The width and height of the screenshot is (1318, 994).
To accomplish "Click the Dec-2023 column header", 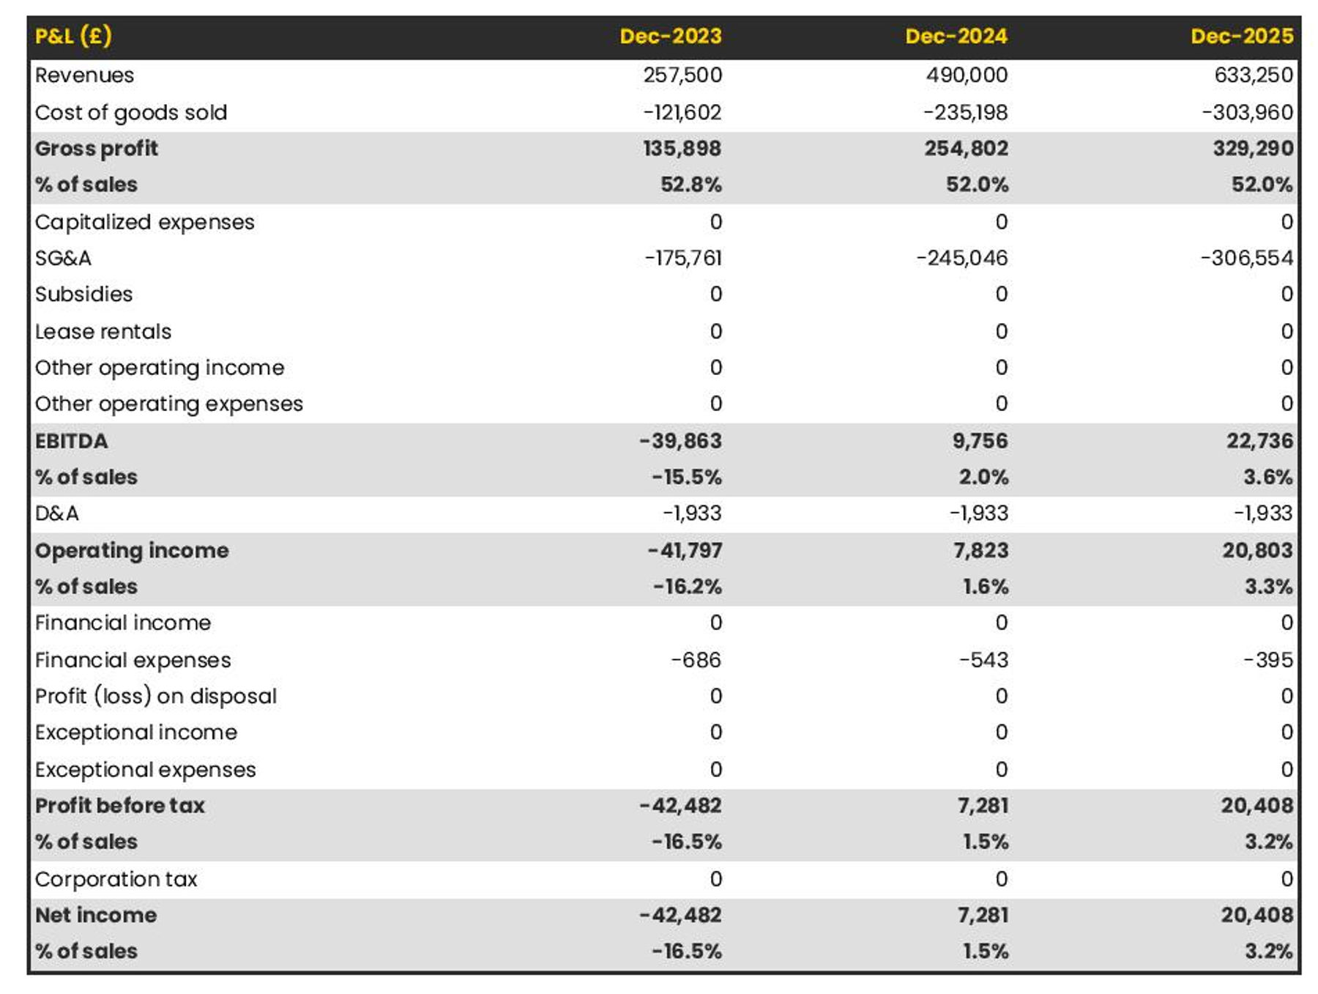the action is [671, 36].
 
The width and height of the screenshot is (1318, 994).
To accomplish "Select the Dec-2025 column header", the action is [1242, 36].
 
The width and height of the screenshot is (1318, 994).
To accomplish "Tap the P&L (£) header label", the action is [73, 36].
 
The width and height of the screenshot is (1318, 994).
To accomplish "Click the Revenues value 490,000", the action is [967, 75].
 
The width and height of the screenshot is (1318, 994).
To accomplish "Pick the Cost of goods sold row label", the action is [131, 112].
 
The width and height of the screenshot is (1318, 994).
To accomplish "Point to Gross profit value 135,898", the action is [682, 148].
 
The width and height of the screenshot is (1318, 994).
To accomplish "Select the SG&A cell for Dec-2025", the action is [1247, 258].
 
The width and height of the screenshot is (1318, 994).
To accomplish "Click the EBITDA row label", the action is [71, 441].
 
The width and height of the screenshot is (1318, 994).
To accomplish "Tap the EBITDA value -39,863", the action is [680, 441].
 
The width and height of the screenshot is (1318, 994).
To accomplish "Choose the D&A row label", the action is [56, 513].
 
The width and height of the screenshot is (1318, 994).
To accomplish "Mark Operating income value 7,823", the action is [980, 550].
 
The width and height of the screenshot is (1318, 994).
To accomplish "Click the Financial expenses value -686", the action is [696, 660].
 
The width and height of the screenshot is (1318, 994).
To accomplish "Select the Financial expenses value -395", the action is [1268, 660].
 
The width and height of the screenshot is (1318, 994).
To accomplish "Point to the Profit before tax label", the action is [120, 806].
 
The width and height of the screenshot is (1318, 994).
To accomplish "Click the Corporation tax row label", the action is [116, 879].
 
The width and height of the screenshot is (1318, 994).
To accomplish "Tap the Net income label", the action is [96, 915].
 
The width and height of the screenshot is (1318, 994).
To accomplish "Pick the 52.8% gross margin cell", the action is [691, 185].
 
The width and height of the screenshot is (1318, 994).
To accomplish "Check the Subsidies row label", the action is [83, 294].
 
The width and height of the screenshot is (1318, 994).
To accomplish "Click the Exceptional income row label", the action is [136, 732].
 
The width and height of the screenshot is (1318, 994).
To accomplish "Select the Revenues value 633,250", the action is [1254, 75].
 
